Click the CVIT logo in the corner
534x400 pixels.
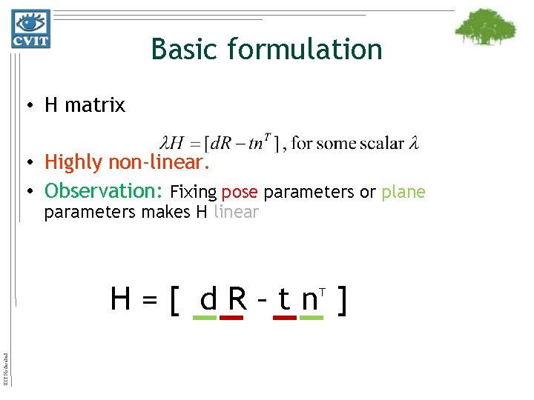pyautogui.click(x=30, y=29)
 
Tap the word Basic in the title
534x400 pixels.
pyautogui.click(x=185, y=50)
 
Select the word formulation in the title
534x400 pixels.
pyautogui.click(x=306, y=50)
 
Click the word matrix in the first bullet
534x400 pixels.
pyautogui.click(x=96, y=106)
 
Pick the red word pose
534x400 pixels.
pyautogui.click(x=239, y=193)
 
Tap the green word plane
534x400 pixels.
pyautogui.click(x=403, y=193)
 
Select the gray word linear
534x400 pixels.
pyautogui.click(x=236, y=213)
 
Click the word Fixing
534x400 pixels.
pyautogui.click(x=193, y=193)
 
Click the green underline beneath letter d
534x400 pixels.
pyautogui.click(x=205, y=318)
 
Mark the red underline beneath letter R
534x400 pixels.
pyautogui.click(x=232, y=318)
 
